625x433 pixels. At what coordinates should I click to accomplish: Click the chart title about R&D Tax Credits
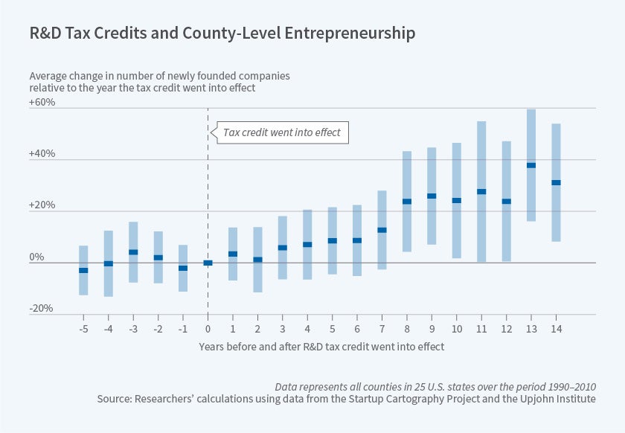click(x=222, y=33)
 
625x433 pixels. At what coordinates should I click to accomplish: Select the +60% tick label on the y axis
click(x=42, y=103)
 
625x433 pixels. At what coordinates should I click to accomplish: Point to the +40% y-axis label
click(x=42, y=154)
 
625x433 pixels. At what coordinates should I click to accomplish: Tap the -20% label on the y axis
click(x=42, y=309)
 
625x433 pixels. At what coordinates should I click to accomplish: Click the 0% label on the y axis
click(x=37, y=257)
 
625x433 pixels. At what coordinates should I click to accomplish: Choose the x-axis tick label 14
click(x=555, y=328)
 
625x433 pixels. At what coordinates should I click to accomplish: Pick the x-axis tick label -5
click(x=83, y=328)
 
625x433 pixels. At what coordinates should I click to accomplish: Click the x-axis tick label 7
click(x=381, y=328)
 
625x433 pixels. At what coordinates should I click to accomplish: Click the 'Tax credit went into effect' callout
click(x=281, y=132)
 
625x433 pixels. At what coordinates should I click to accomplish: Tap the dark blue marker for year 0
click(x=208, y=263)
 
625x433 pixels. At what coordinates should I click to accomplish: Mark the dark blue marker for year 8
click(x=407, y=201)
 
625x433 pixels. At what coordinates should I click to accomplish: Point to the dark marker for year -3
click(x=133, y=252)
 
